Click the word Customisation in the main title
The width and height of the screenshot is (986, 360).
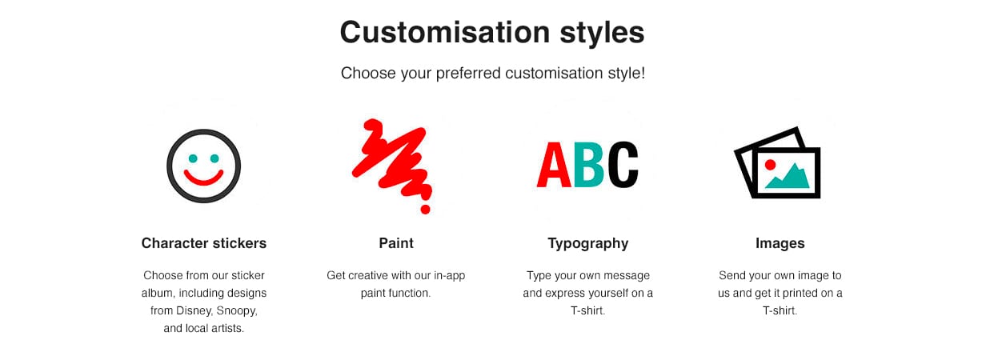pyautogui.click(x=445, y=32)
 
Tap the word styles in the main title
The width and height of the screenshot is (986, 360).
pyautogui.click(x=602, y=34)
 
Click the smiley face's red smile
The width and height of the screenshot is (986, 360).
pyautogui.click(x=203, y=178)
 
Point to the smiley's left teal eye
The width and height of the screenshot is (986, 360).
pyautogui.click(x=193, y=158)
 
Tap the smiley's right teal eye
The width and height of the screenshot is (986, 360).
pyautogui.click(x=214, y=158)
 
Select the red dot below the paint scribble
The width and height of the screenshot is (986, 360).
pyautogui.click(x=425, y=210)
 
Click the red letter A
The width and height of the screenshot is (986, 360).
pyautogui.click(x=554, y=165)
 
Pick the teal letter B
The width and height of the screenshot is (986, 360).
pyautogui.click(x=588, y=165)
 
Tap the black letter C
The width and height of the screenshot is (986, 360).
pyautogui.click(x=623, y=165)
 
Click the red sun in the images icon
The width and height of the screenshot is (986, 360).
pyautogui.click(x=770, y=165)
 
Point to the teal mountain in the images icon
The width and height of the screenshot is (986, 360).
pyautogui.click(x=788, y=177)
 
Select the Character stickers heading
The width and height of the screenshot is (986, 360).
pyautogui.click(x=204, y=243)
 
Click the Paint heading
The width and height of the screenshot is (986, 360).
pyautogui.click(x=396, y=243)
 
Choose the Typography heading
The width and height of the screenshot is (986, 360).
pyautogui.click(x=588, y=244)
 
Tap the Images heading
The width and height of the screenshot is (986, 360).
pyautogui.click(x=780, y=244)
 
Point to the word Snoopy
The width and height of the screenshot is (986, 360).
pyautogui.click(x=237, y=311)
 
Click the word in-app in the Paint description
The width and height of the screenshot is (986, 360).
pyautogui.click(x=450, y=276)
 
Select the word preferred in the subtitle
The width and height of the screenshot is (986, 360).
pyautogui.click(x=468, y=74)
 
